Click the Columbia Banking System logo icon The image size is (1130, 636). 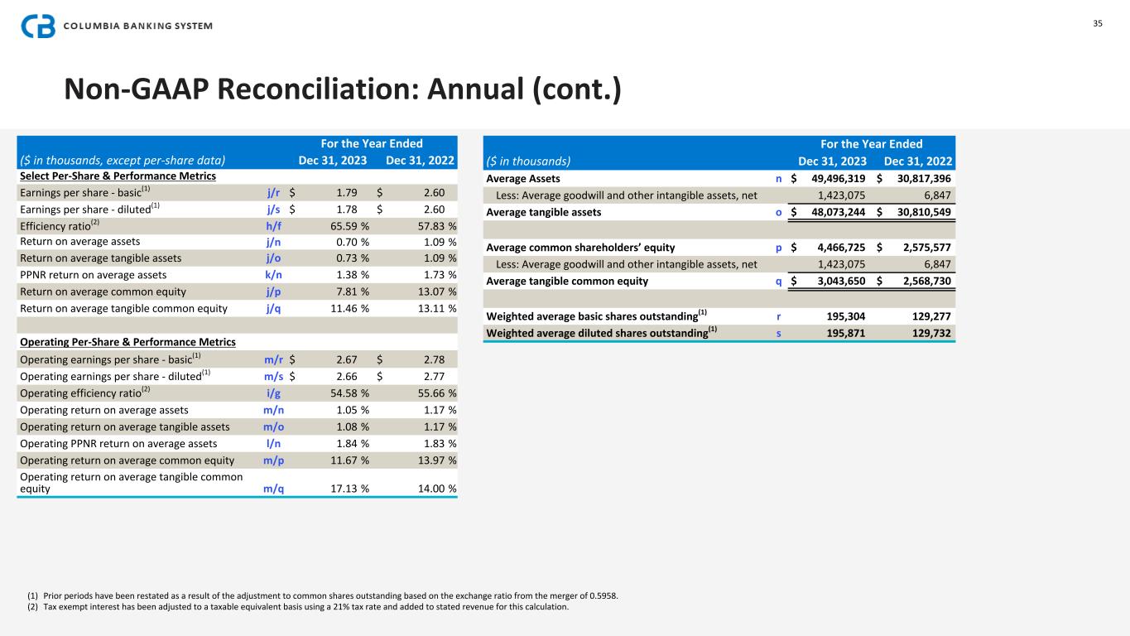click(x=38, y=26)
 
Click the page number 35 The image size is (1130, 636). click(x=1098, y=23)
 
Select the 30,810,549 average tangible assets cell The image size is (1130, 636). click(x=919, y=212)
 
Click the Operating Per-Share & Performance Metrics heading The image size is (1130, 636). click(x=127, y=342)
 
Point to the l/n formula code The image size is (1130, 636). click(x=275, y=443)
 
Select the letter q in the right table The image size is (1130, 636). click(x=778, y=281)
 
